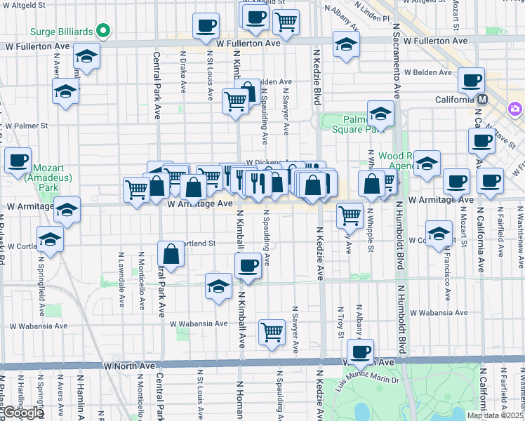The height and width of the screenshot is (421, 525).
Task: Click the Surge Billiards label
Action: (x=62, y=32)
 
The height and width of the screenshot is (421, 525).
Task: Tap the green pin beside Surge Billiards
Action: (x=103, y=31)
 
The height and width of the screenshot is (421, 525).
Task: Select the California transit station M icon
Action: (x=483, y=100)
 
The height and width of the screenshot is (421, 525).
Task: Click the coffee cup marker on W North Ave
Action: (x=360, y=352)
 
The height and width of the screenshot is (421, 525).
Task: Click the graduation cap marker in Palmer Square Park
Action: (x=380, y=114)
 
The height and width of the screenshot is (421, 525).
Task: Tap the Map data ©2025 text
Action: (x=495, y=415)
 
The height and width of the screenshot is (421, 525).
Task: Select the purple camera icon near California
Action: (x=516, y=109)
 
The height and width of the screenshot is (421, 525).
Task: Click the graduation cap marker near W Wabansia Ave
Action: (x=218, y=286)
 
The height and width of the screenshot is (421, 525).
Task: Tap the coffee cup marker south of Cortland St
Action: (x=248, y=265)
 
